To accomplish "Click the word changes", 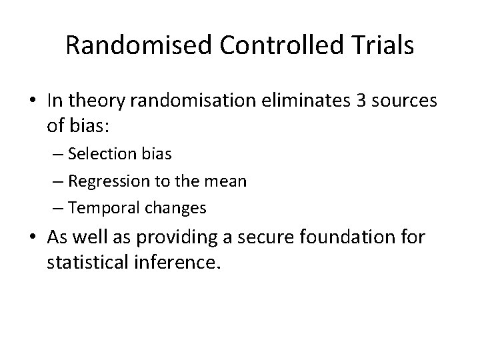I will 175,207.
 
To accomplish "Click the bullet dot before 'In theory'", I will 33,101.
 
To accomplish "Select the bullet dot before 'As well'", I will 33,237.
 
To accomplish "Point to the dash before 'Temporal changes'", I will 59,207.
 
